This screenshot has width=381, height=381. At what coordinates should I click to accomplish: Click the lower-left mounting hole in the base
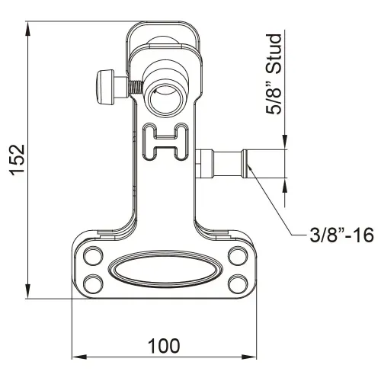(x=93, y=283)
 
